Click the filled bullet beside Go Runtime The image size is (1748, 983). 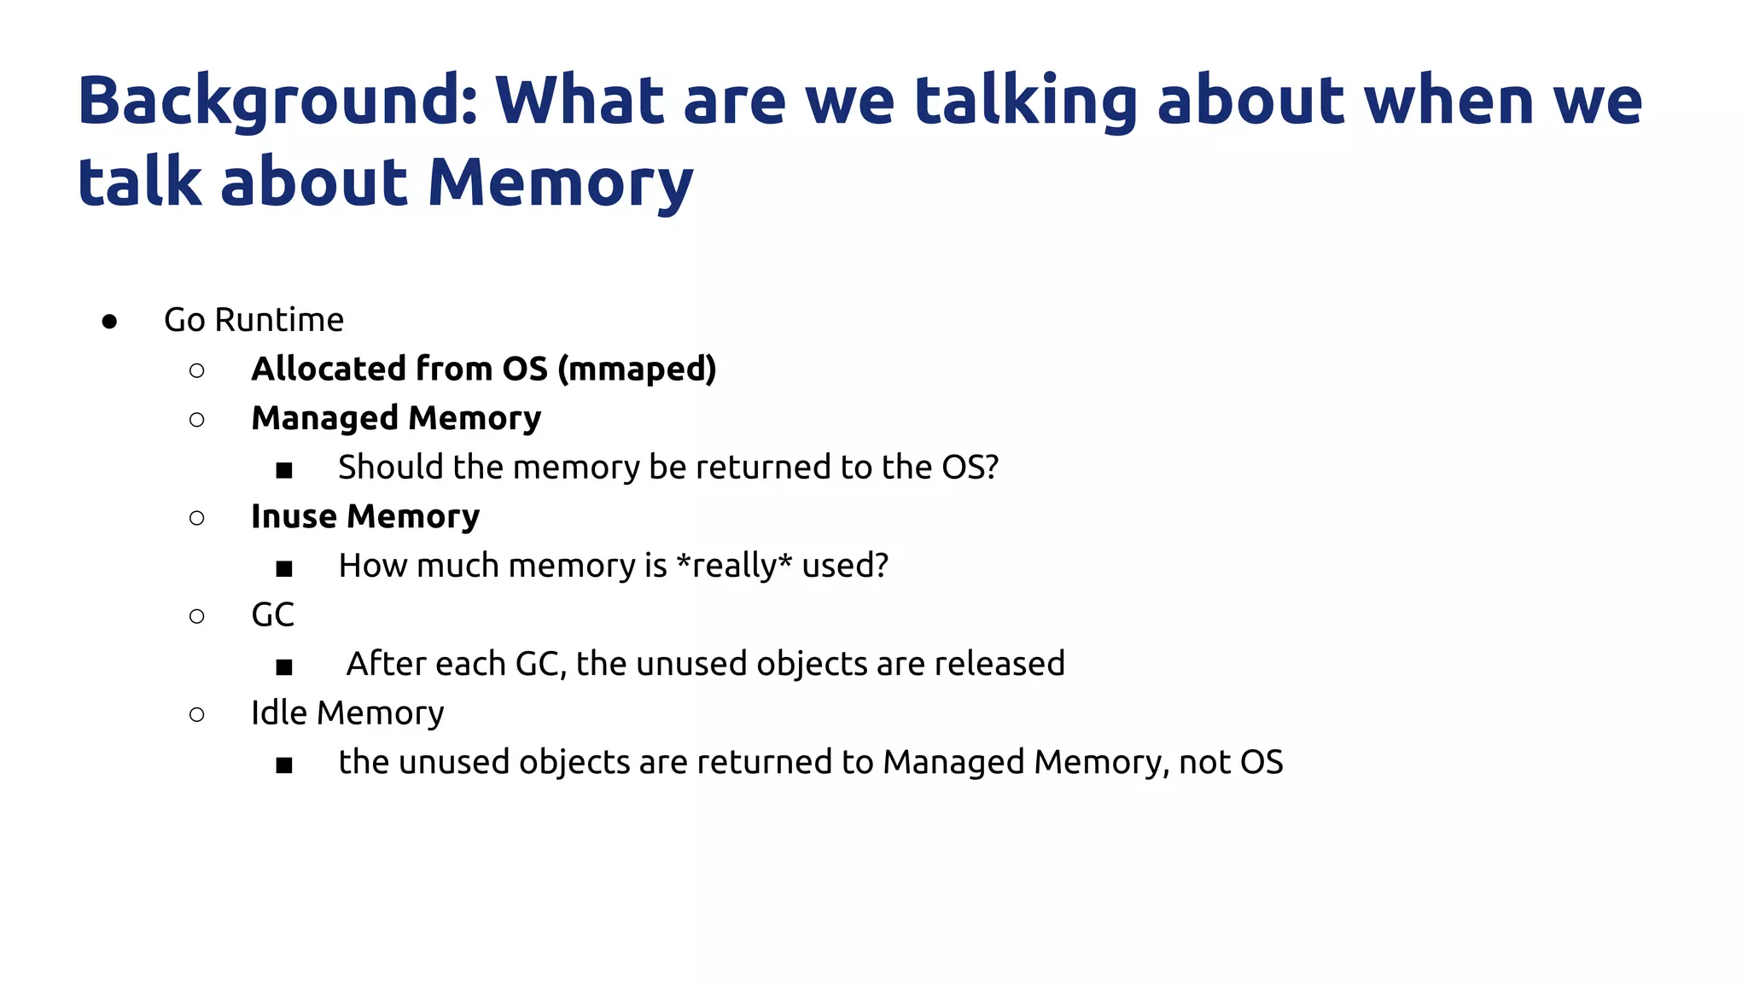coord(109,322)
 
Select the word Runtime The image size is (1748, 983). coord(279,320)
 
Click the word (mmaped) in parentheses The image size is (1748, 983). coord(637,369)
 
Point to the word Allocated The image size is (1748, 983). coord(329,369)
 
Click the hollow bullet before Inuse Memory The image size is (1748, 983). coord(197,518)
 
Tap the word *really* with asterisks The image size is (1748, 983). coord(733,566)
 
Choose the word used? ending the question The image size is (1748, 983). coord(845,566)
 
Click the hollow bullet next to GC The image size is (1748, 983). coord(197,616)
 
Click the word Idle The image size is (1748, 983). coord(278,713)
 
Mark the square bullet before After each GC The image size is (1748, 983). coord(284,666)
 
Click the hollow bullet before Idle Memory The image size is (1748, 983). coord(197,714)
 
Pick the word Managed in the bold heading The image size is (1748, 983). coord(324,419)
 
